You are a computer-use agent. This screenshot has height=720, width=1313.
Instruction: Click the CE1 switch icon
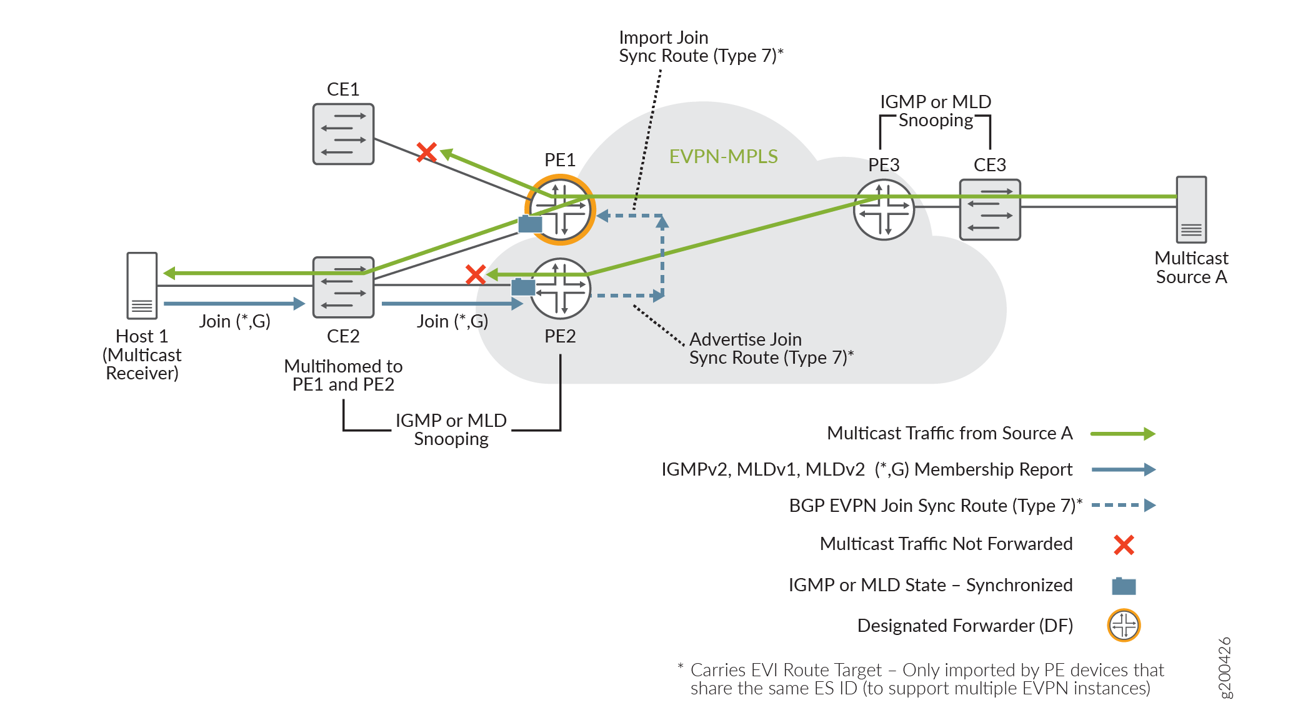[x=343, y=134]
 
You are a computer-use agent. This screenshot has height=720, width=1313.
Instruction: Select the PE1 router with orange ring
[x=561, y=209]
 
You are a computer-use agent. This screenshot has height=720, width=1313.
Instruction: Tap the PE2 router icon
[x=561, y=289]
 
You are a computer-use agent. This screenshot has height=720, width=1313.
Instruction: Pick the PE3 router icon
[x=884, y=209]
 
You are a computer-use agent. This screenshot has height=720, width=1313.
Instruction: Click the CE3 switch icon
[x=990, y=209]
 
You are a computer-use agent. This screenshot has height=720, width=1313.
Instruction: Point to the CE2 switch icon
[x=343, y=287]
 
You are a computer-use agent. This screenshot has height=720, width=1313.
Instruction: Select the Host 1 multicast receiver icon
[x=142, y=286]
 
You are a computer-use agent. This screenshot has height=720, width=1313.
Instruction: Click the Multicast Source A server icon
[x=1191, y=209]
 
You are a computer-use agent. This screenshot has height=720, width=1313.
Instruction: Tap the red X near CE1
[x=427, y=152]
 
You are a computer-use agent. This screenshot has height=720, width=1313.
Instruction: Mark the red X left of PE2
[x=476, y=274]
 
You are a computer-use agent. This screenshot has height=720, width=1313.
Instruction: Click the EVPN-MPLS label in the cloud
[x=723, y=156]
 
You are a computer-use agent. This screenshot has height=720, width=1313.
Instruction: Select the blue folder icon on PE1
[x=530, y=223]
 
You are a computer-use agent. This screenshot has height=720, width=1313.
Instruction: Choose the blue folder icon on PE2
[x=523, y=287]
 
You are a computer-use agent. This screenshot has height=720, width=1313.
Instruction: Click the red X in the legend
[x=1124, y=544]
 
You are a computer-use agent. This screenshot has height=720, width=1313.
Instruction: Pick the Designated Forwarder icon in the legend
[x=1124, y=625]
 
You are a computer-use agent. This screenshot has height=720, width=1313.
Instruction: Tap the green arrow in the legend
[x=1123, y=434]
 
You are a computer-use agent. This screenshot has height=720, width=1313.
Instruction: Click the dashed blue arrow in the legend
[x=1123, y=505]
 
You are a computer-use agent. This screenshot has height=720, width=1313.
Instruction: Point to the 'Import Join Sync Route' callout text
[x=701, y=47]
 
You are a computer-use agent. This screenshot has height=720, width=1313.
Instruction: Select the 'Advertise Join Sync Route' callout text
[x=771, y=348]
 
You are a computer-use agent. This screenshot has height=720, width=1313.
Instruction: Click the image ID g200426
[x=1226, y=667]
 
